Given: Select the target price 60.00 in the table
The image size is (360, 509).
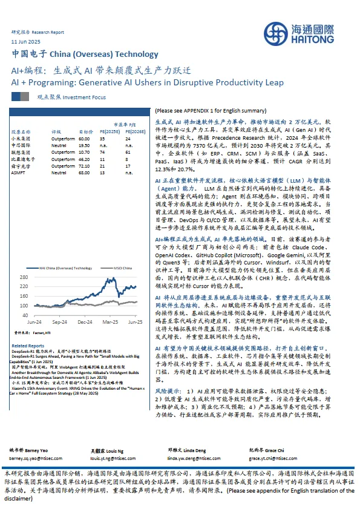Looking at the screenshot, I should [x=84, y=139].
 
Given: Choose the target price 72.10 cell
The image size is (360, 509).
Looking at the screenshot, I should [x=84, y=165].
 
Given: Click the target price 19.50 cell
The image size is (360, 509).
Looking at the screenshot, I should [x=84, y=145].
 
